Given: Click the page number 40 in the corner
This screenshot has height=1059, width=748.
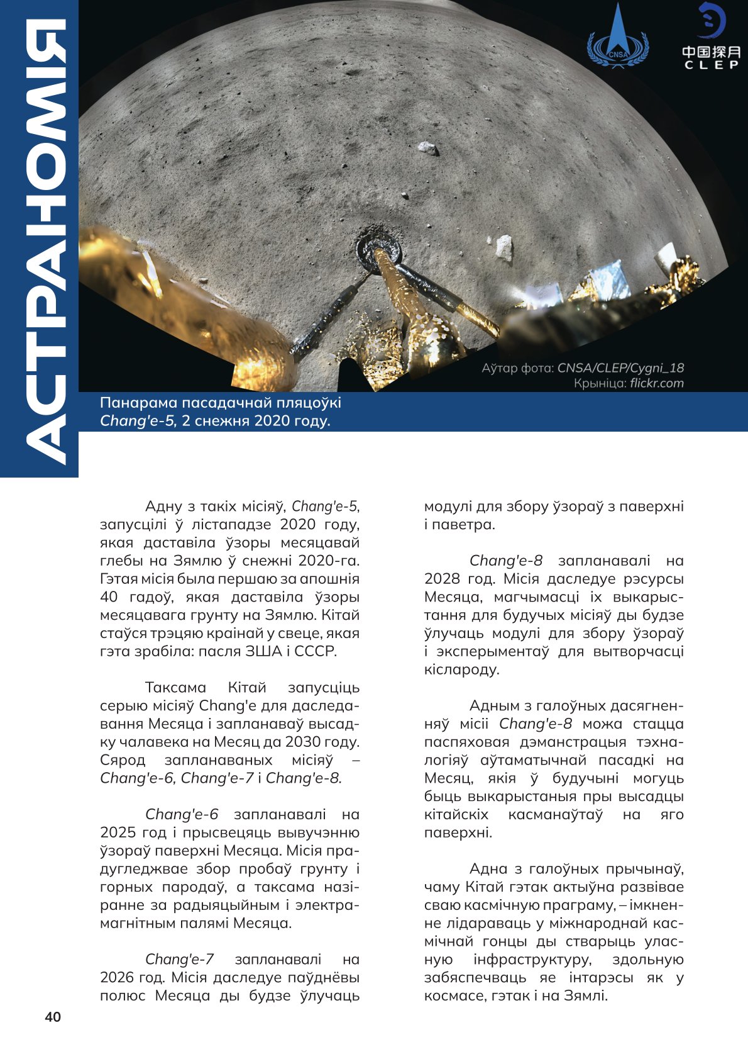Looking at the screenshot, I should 53,1017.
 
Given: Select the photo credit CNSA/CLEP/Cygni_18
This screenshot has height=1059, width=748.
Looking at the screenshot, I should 620,368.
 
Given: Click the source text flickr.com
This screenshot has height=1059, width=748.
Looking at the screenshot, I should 657,383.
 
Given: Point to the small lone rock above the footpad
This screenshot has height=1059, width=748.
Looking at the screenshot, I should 428,148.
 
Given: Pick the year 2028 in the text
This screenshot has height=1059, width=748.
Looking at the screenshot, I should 442,579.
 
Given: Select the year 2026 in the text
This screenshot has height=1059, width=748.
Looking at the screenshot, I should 118,977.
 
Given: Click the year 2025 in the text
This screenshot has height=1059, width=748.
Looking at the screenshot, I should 118,832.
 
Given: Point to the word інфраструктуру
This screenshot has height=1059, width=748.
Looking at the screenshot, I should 532,960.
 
